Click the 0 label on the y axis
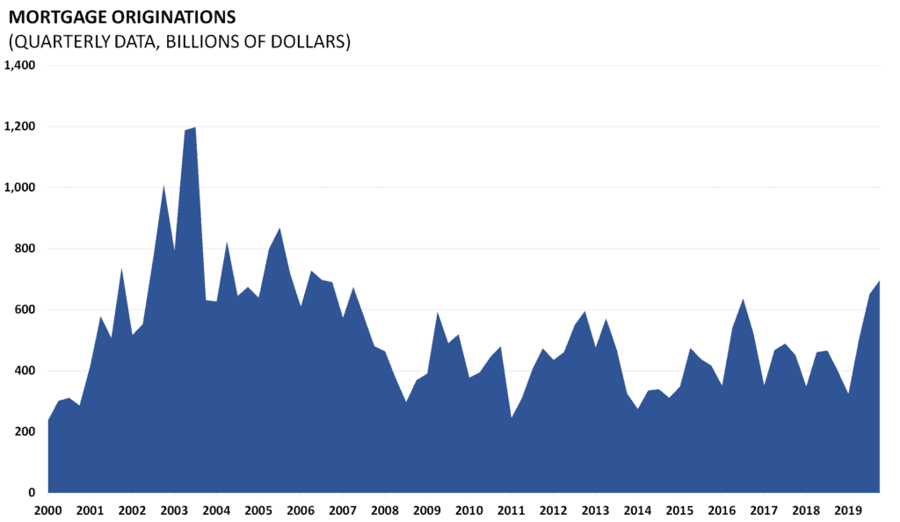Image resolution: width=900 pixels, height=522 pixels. tap(32, 493)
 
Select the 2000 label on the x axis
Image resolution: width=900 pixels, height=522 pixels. tap(47, 510)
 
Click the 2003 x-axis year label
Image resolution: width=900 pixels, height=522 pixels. tap(174, 510)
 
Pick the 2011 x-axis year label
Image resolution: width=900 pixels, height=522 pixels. tap(511, 510)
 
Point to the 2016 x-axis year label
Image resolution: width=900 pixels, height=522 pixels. tap(722, 510)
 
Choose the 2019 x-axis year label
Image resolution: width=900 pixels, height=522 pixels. tap(848, 510)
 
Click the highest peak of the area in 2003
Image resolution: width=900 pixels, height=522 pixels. tap(194, 128)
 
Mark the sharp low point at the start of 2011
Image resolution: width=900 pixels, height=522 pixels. tap(511, 417)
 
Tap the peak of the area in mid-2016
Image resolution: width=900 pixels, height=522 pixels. tap(743, 300)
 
